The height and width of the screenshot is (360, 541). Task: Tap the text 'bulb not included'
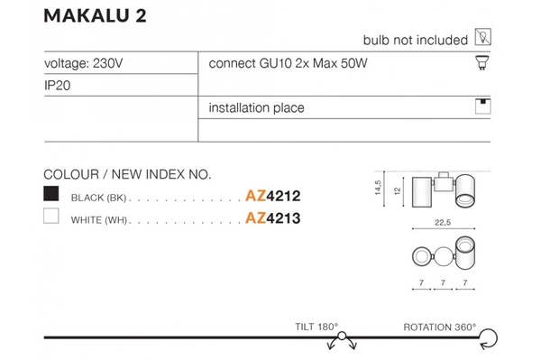coord(415,41)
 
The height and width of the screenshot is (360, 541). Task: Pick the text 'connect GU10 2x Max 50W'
coord(289,64)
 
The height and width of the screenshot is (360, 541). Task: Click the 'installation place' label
coord(256,107)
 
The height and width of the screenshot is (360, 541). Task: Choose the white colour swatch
coord(51,217)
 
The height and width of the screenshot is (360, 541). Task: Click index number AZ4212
coord(272,195)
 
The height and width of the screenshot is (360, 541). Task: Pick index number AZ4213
coord(272,217)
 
